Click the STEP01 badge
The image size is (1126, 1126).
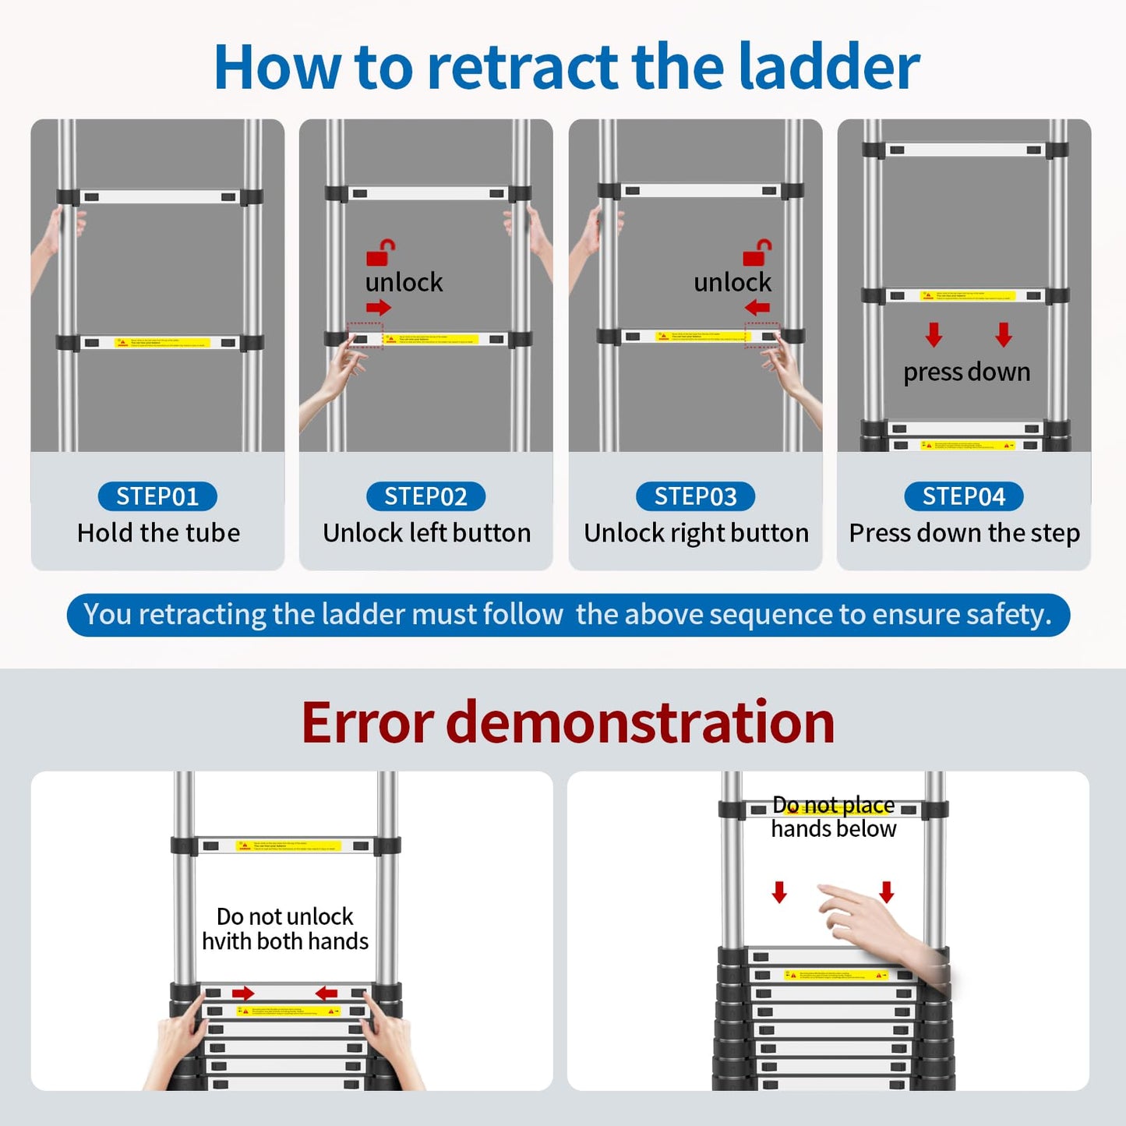coord(157,496)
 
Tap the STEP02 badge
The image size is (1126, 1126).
coord(425,496)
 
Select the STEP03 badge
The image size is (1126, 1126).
coord(695,496)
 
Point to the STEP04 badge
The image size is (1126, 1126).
coord(964,496)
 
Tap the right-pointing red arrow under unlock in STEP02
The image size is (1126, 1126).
coord(378,307)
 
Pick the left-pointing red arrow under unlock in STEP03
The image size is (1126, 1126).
coord(757,307)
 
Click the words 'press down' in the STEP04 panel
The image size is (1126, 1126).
coord(966,372)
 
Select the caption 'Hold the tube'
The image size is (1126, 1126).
coord(158,533)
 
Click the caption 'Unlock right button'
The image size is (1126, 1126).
coord(696,533)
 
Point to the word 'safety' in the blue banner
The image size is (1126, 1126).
coord(1006,615)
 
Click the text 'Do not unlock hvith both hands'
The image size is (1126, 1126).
coord(285,929)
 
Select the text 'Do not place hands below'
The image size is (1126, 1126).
coord(834,817)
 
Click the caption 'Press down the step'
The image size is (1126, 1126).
coord(964,533)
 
